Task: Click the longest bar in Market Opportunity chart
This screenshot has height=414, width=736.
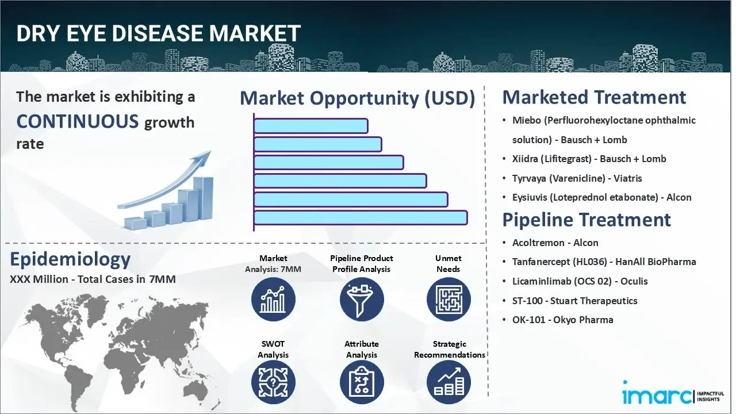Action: tap(361, 217)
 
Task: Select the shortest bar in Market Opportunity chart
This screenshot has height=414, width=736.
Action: tap(310, 125)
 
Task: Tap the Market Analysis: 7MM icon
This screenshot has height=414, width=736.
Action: tap(273, 299)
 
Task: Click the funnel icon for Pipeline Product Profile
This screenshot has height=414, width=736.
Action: tap(361, 299)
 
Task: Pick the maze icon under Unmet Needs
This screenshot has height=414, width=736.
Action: tap(448, 299)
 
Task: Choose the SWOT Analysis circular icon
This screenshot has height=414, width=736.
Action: tap(273, 383)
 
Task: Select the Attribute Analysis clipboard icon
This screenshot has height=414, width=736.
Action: tap(361, 383)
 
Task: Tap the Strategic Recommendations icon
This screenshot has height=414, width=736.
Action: tap(448, 383)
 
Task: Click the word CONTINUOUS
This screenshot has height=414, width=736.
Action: tap(78, 121)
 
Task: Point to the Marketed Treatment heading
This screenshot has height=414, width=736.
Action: tap(594, 97)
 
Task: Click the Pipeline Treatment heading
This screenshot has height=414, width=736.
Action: tap(586, 220)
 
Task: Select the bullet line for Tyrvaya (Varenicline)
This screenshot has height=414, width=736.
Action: tap(577, 178)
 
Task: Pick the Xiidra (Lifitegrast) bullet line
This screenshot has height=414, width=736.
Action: tap(589, 159)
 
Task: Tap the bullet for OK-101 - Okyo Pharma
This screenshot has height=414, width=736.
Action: tap(562, 320)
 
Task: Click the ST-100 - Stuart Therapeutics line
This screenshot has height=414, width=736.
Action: tap(574, 301)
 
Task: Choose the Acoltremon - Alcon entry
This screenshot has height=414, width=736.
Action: tap(555, 243)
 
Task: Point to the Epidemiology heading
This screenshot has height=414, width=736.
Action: tap(70, 259)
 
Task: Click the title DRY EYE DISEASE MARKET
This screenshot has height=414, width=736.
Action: tap(159, 34)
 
